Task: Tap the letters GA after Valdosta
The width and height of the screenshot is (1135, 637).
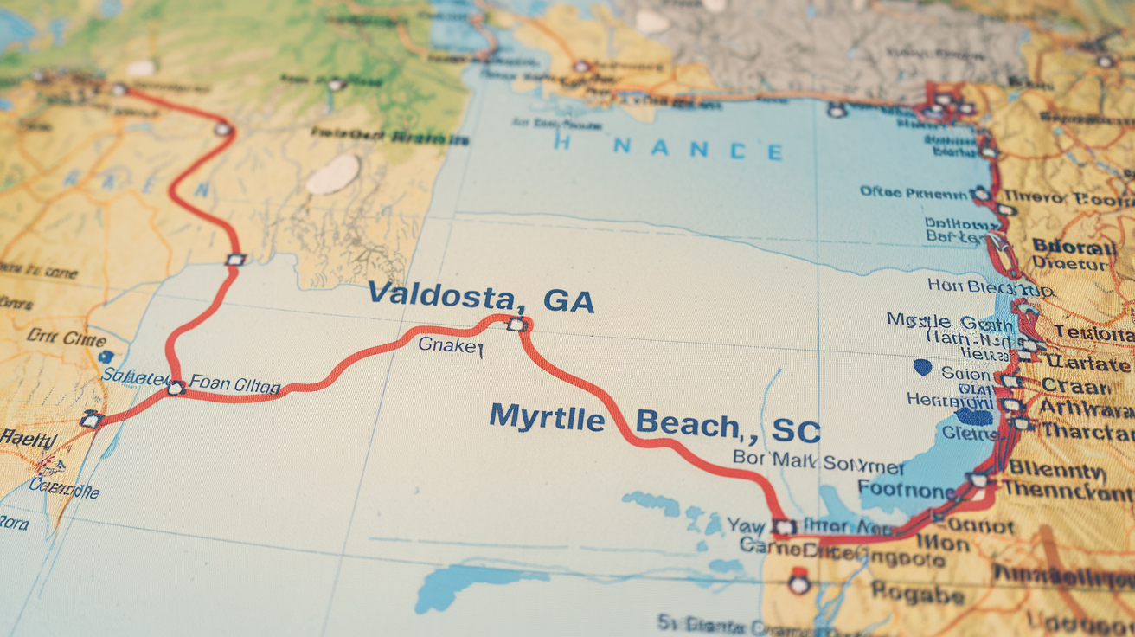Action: pos(568,300)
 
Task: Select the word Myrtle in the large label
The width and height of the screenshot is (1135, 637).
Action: pos(547,418)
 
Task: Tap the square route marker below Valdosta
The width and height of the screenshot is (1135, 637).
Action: pos(516,325)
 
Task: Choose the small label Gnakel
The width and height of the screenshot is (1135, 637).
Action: pos(450,345)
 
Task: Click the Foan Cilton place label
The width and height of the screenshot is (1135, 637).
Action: pos(234,383)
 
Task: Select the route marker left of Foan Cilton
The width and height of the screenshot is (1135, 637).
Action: pos(176,388)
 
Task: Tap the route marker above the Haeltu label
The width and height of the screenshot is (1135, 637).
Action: pos(90,421)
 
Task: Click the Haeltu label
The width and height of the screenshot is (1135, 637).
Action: pos(28,439)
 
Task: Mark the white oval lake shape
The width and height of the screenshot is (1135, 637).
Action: pos(333,175)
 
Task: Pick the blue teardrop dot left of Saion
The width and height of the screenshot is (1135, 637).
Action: pos(923,367)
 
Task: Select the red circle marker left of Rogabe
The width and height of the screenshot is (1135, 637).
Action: pos(798,583)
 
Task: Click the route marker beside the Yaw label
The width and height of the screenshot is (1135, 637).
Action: pos(784,526)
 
